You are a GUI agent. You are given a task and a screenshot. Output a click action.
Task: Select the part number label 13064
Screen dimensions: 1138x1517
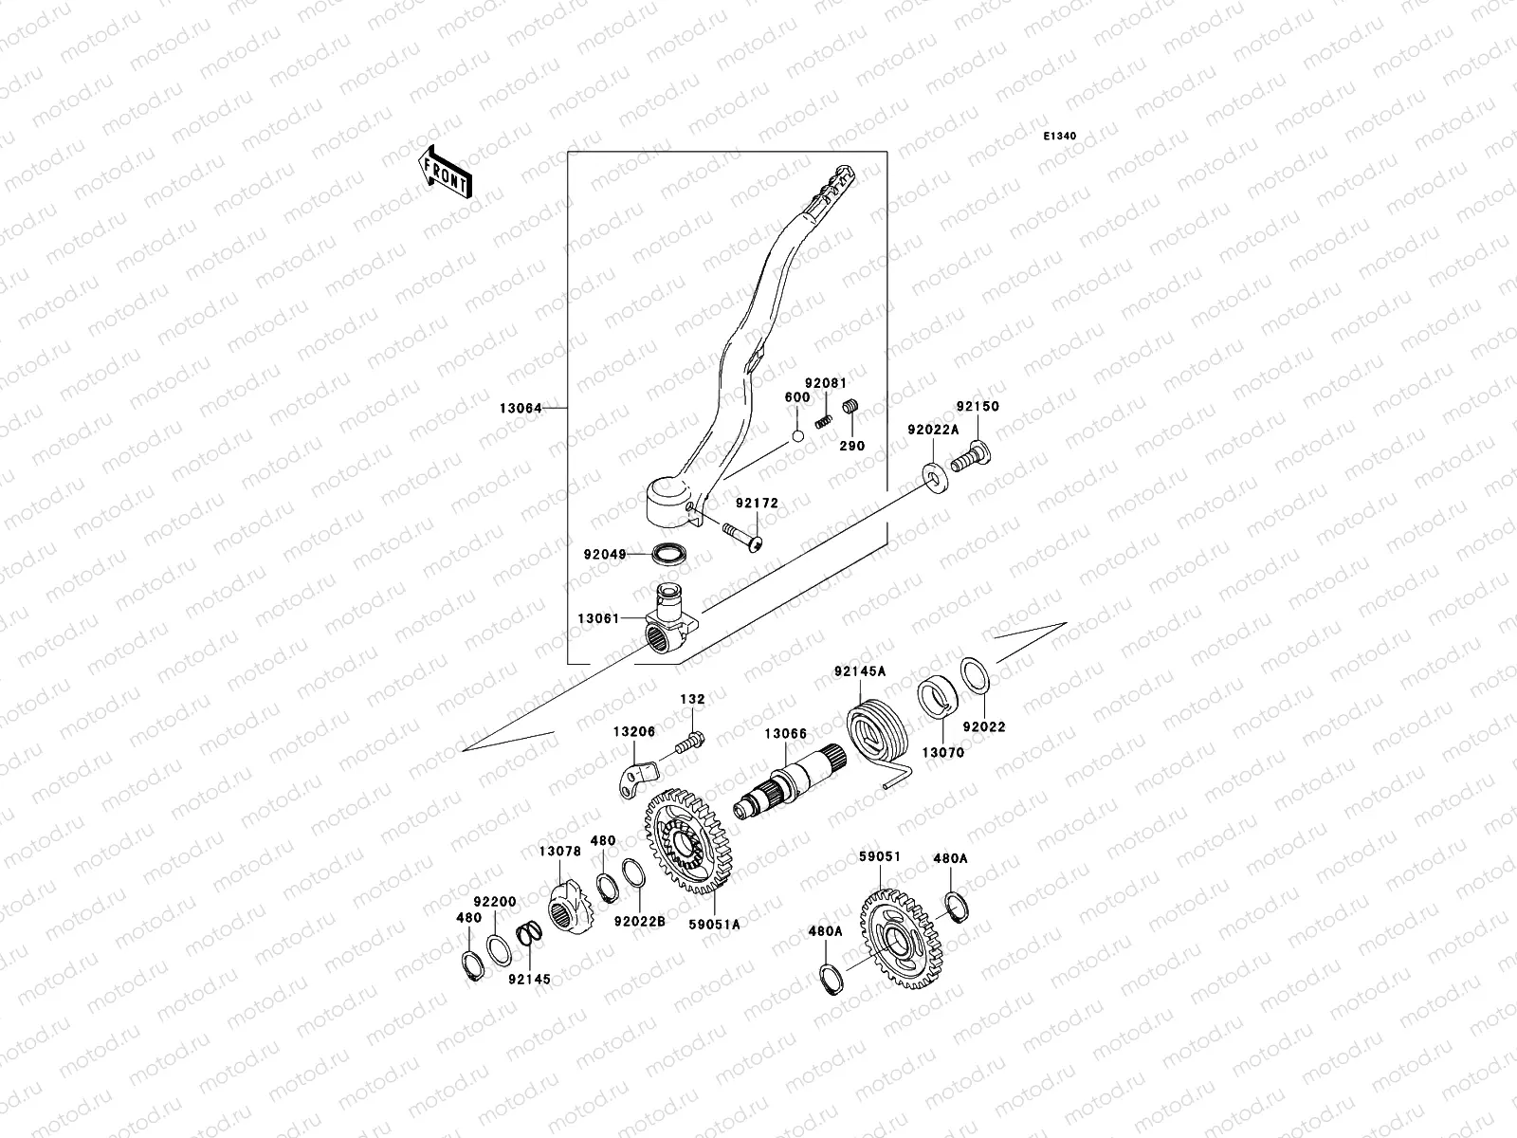click(521, 409)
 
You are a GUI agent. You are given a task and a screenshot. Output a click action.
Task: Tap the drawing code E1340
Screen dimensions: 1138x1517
click(1060, 137)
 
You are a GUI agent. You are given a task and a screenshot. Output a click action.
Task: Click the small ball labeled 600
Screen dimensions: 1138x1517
click(798, 436)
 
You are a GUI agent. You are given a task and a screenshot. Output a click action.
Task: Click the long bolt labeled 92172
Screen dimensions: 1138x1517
click(742, 535)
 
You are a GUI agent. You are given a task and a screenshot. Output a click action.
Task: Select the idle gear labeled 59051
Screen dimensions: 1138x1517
click(900, 938)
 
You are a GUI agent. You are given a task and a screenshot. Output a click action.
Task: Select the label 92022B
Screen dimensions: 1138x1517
click(640, 919)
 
